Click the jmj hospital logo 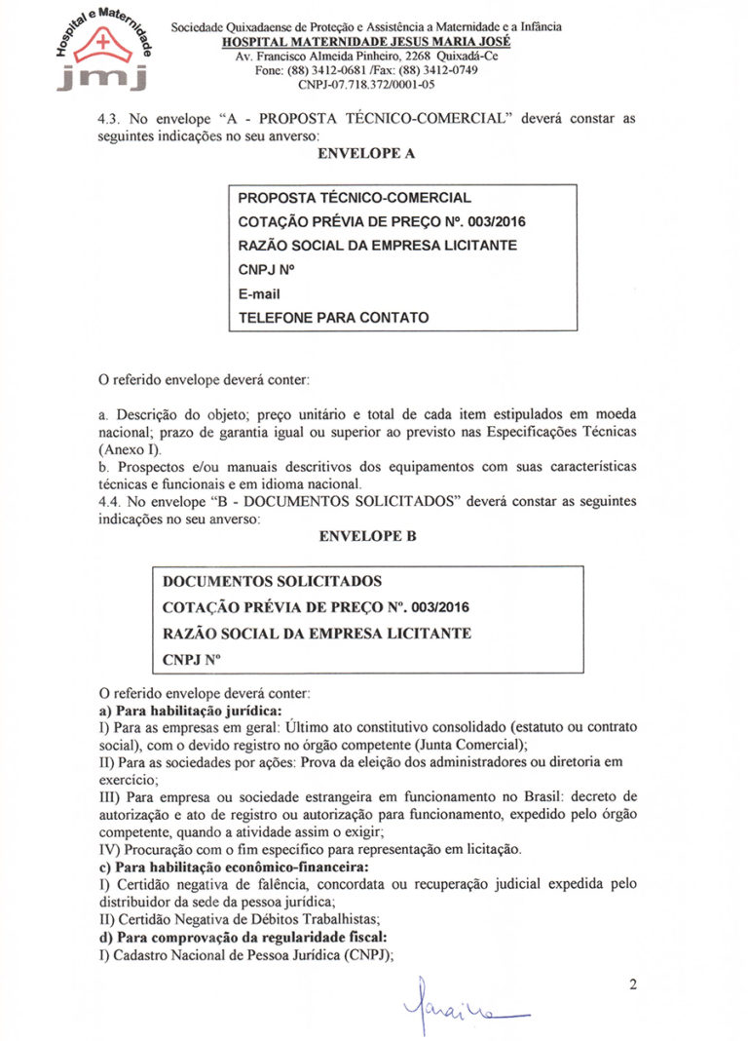(x=100, y=48)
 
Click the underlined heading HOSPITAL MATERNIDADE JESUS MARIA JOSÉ (x=367, y=42)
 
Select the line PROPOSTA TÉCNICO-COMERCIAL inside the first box (x=355, y=198)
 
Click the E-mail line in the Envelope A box (x=260, y=293)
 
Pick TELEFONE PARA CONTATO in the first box (x=333, y=317)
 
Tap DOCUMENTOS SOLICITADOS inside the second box (x=272, y=581)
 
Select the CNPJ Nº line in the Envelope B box (x=192, y=660)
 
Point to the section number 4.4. (x=112, y=500)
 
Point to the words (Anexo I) (x=131, y=450)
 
